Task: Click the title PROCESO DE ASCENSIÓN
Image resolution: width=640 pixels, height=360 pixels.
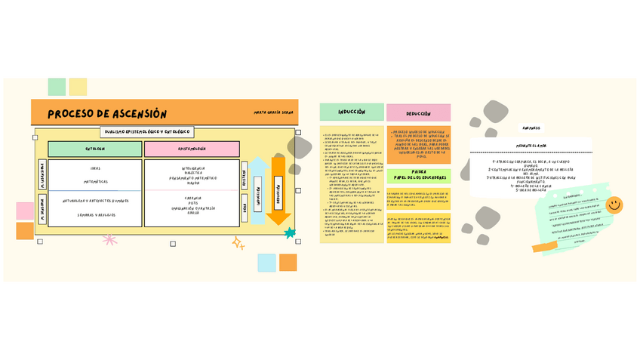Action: click(107, 114)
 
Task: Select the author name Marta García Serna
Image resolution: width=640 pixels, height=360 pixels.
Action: click(273, 112)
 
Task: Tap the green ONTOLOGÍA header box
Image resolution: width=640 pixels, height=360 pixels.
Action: click(95, 149)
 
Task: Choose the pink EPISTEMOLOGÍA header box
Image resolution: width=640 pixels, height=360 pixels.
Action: click(192, 149)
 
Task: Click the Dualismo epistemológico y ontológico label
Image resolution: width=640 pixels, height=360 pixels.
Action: click(149, 132)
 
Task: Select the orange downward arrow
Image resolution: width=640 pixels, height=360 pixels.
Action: click(278, 192)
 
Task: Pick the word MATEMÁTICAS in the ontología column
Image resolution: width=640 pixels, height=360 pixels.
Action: click(95, 182)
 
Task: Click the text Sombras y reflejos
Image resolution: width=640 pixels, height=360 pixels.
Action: click(95, 214)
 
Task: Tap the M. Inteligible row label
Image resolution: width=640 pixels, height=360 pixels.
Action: click(42, 176)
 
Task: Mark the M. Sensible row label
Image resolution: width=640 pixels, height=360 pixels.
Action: click(42, 209)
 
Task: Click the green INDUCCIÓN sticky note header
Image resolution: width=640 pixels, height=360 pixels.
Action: click(351, 112)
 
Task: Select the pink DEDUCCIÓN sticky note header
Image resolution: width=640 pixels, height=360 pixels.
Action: click(418, 113)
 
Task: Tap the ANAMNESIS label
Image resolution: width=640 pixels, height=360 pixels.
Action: click(531, 128)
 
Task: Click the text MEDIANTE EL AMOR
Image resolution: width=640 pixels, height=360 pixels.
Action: click(531, 145)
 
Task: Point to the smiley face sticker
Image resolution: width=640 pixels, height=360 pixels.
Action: click(614, 205)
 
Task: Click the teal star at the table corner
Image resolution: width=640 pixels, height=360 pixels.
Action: click(290, 233)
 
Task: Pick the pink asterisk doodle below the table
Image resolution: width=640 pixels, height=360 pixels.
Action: click(110, 241)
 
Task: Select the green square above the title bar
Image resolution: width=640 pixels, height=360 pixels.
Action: click(57, 87)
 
